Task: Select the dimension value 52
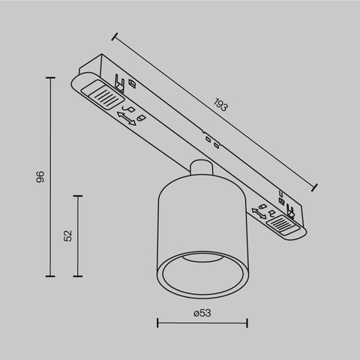67,235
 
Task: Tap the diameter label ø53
202,313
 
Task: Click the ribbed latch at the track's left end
102,94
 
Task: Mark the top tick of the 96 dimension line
52,77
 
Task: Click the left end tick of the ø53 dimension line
157,323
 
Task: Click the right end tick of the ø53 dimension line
247,323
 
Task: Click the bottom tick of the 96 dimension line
52,276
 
